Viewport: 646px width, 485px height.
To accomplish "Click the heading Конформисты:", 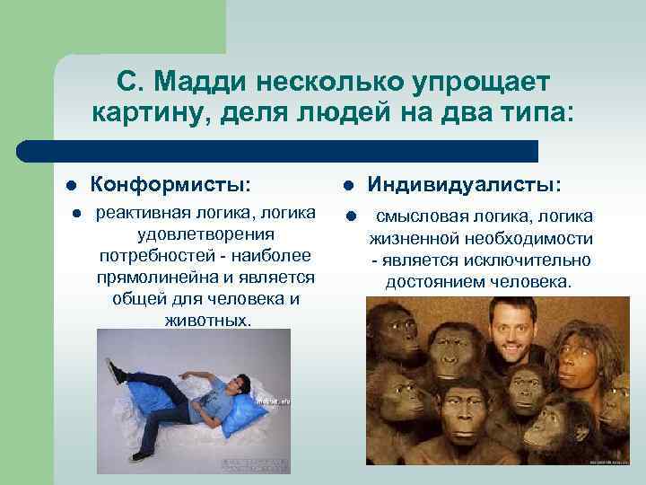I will coord(171,184).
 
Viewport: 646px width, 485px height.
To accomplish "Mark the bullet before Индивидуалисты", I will coord(349,186).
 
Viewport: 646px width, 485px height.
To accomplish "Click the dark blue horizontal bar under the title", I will coord(278,151).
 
